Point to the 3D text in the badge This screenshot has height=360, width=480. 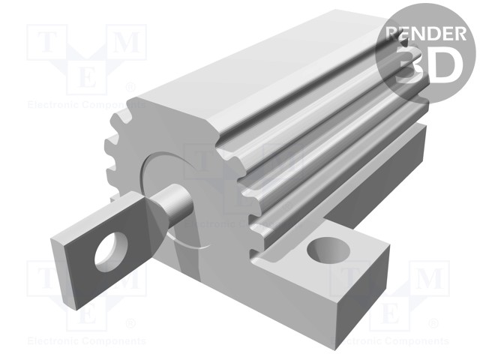425,64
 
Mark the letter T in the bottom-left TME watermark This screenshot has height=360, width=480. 43,280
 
